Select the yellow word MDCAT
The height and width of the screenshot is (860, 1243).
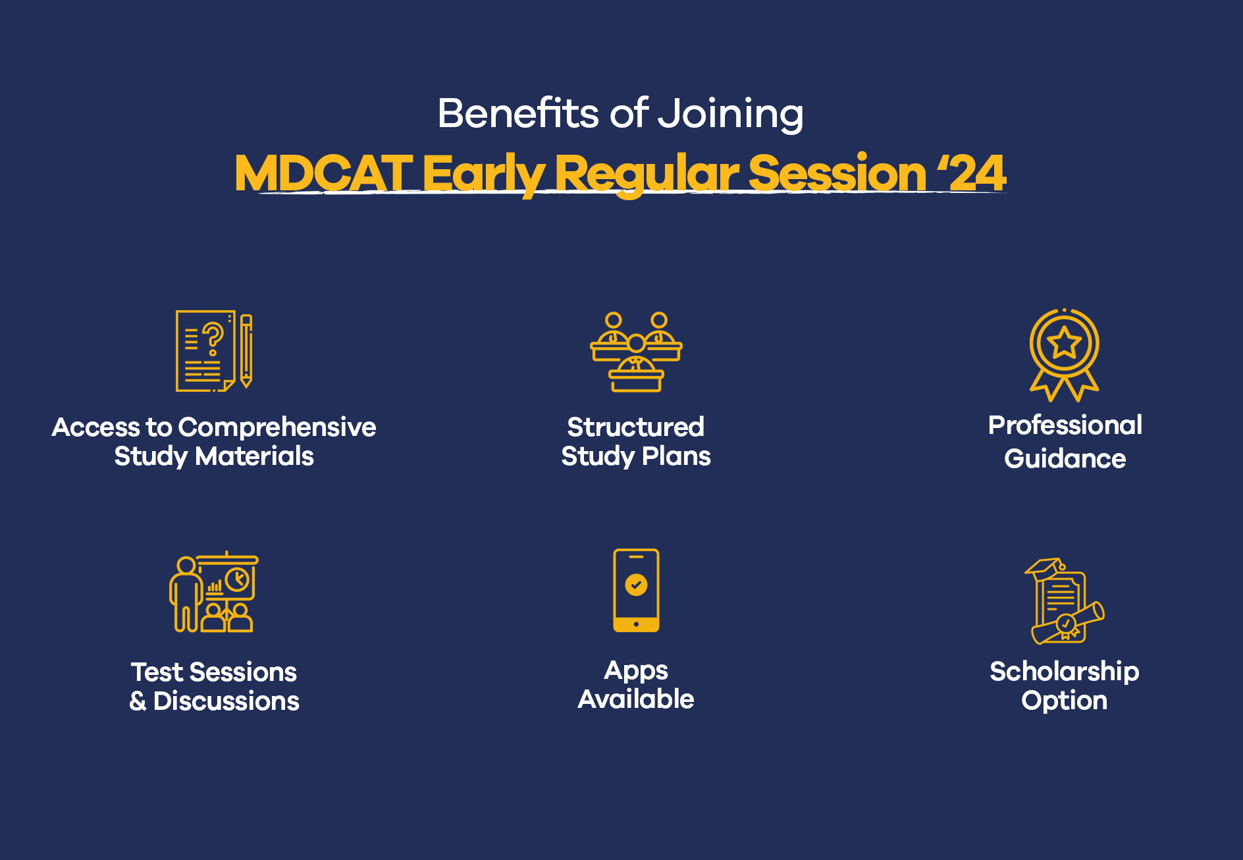pyautogui.click(x=323, y=173)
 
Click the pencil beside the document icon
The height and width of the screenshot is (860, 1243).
pyautogui.click(x=246, y=350)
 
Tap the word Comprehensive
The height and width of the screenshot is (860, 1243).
pyautogui.click(x=277, y=427)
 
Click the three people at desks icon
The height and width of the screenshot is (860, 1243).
pyautogui.click(x=636, y=352)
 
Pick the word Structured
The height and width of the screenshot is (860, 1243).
pyautogui.click(x=635, y=427)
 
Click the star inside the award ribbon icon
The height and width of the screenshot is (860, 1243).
pyautogui.click(x=1064, y=343)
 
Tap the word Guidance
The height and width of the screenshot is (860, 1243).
pyautogui.click(x=1065, y=459)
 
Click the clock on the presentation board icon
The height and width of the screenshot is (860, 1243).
pyautogui.click(x=237, y=579)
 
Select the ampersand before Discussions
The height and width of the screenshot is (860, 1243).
pyautogui.click(x=138, y=701)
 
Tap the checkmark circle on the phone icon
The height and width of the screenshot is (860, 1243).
pyautogui.click(x=636, y=584)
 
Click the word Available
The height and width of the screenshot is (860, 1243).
pyautogui.click(x=635, y=699)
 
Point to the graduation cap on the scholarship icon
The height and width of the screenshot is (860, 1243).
pyautogui.click(x=1044, y=568)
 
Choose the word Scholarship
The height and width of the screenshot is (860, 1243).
pyautogui.click(x=1064, y=672)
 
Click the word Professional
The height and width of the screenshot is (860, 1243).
pyautogui.click(x=1065, y=425)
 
